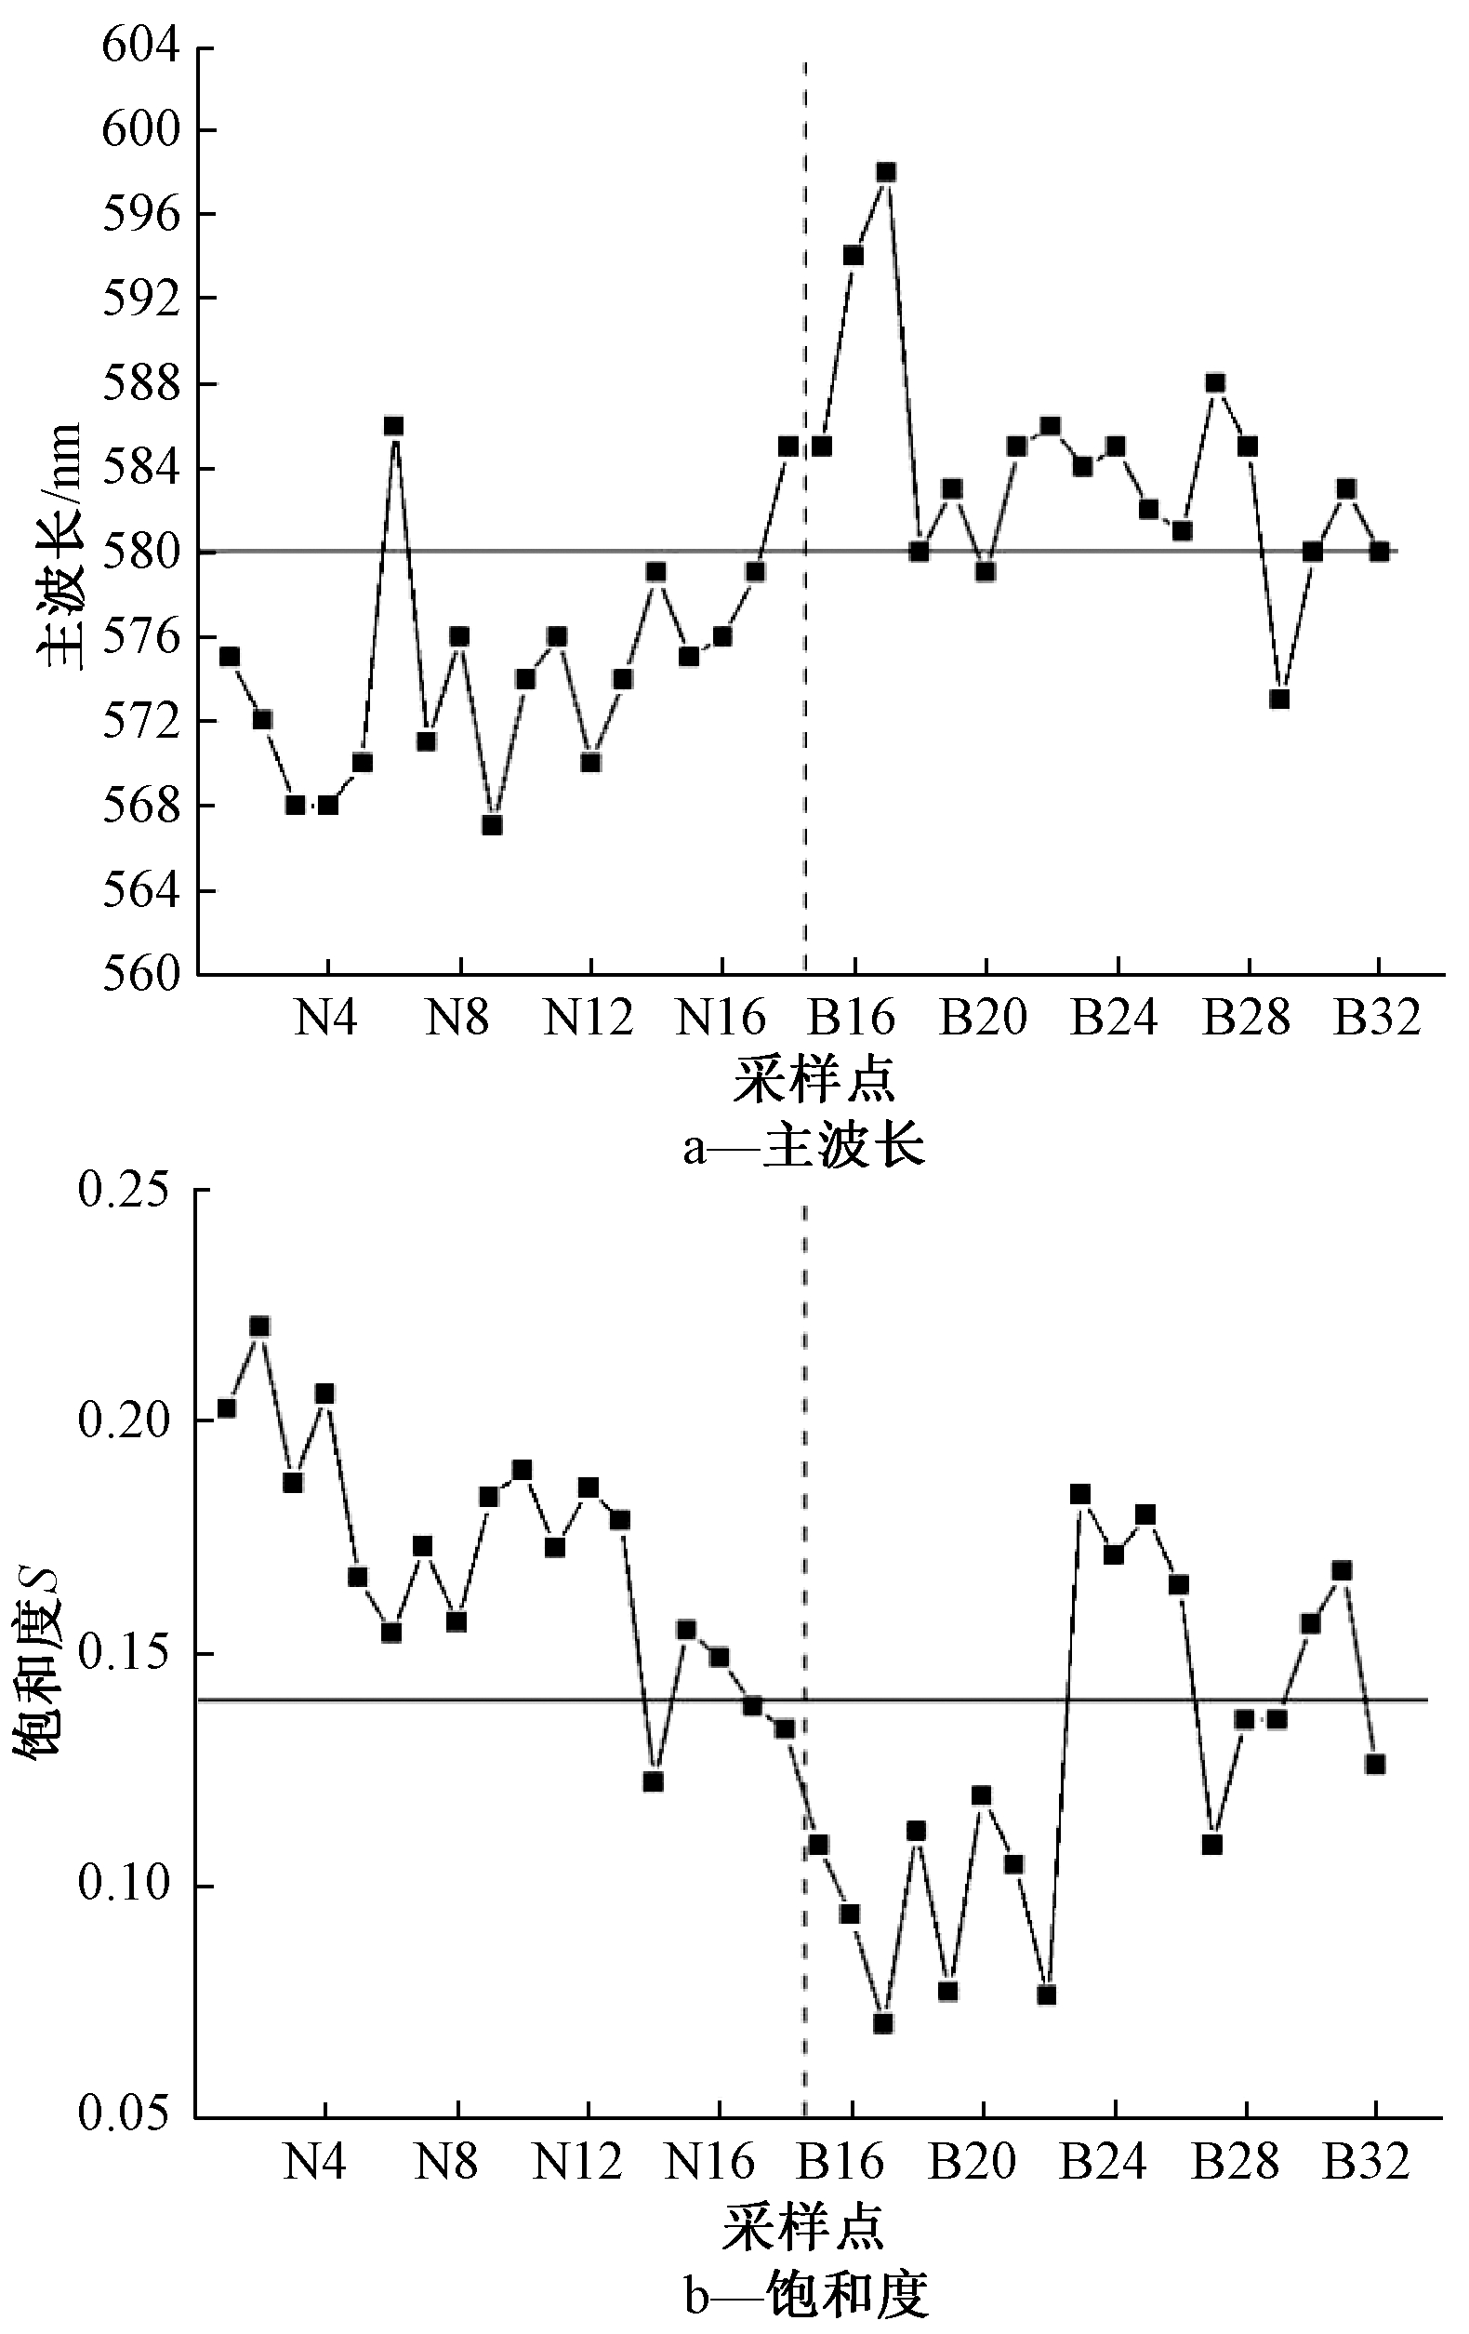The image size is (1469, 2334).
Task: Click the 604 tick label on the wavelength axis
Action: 141,47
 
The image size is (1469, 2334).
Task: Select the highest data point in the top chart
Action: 886,172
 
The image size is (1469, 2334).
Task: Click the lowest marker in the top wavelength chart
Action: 492,825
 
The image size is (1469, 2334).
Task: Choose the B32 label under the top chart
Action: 1377,1018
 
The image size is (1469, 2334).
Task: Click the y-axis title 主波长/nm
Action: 60,548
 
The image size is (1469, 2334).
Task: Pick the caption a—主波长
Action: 803,1148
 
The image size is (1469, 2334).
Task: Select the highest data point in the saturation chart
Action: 259,1326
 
